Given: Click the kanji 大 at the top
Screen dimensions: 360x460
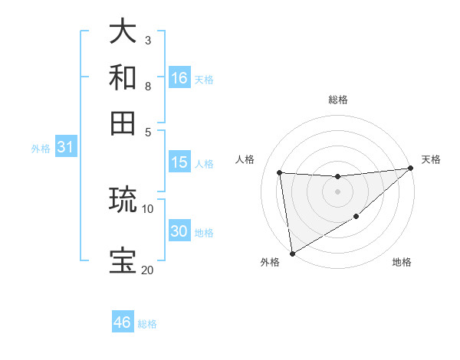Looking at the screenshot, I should (x=123, y=31).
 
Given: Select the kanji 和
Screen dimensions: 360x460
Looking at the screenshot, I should (x=123, y=77).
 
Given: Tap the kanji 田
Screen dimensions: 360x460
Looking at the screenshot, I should (x=123, y=123).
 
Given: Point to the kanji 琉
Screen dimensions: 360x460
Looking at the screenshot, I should (x=123, y=200).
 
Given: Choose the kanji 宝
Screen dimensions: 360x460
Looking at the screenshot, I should (x=123, y=260).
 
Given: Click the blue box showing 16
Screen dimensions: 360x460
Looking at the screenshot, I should (x=179, y=78).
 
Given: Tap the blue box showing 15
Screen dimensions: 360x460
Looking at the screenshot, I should (x=179, y=162).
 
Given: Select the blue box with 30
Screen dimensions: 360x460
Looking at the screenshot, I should (x=179, y=231).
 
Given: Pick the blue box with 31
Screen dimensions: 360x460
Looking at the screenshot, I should (x=65, y=148).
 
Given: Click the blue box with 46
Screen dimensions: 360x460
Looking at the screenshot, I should (x=123, y=322).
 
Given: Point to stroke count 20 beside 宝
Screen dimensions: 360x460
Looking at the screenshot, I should (x=147, y=270).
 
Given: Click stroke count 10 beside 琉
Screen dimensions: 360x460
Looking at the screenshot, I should (x=147, y=208).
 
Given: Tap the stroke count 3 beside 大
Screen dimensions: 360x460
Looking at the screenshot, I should (x=147, y=40).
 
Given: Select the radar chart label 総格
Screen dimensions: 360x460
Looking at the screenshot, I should (x=337, y=100).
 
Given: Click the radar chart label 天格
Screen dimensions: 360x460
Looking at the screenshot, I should (x=431, y=159).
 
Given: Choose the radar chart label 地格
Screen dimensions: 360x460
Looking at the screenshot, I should (x=402, y=263).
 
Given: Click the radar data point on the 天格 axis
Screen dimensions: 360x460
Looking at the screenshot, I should (x=410, y=169).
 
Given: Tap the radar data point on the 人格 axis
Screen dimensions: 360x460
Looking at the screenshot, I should (x=280, y=173).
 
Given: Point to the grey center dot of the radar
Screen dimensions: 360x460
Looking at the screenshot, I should (x=337, y=191).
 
